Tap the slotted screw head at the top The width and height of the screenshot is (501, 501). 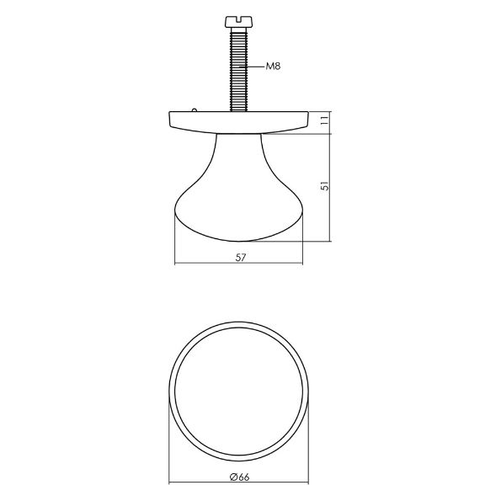point(238,19)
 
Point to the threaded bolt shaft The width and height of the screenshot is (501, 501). point(238,67)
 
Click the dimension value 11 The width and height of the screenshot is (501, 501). point(322,120)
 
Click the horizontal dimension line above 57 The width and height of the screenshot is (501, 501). point(240,265)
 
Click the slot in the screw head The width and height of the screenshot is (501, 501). point(238,16)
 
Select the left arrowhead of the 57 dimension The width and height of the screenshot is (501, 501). point(176,265)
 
